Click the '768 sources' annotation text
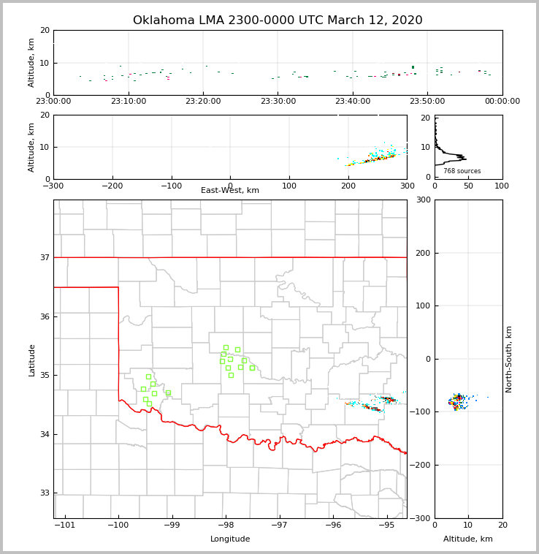point(462,171)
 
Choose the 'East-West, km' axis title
point(230,191)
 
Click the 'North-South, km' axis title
point(509,359)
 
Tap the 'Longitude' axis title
point(230,539)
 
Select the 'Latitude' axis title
point(32,360)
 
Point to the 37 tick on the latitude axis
point(44,257)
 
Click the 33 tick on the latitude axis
point(44,493)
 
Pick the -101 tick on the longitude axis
point(65,525)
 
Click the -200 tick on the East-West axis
point(112,186)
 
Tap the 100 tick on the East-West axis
point(289,186)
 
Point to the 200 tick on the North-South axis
point(422,253)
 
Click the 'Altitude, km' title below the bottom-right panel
point(468,539)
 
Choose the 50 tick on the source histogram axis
point(468,186)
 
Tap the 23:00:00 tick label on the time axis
point(53,102)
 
